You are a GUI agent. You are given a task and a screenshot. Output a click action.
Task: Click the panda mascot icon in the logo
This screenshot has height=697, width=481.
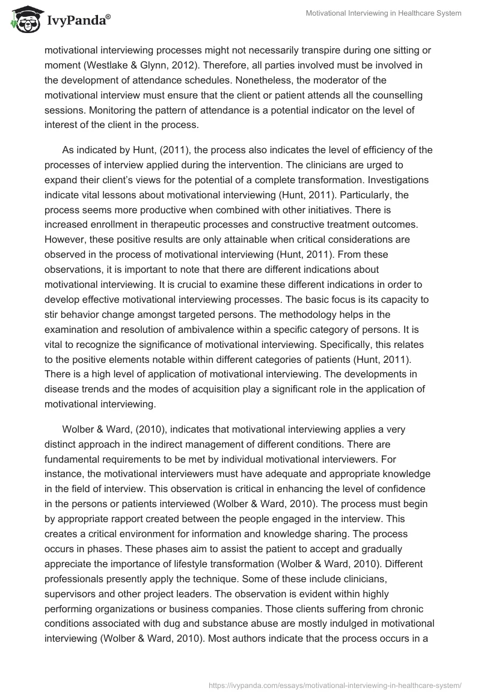pos(22,20)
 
